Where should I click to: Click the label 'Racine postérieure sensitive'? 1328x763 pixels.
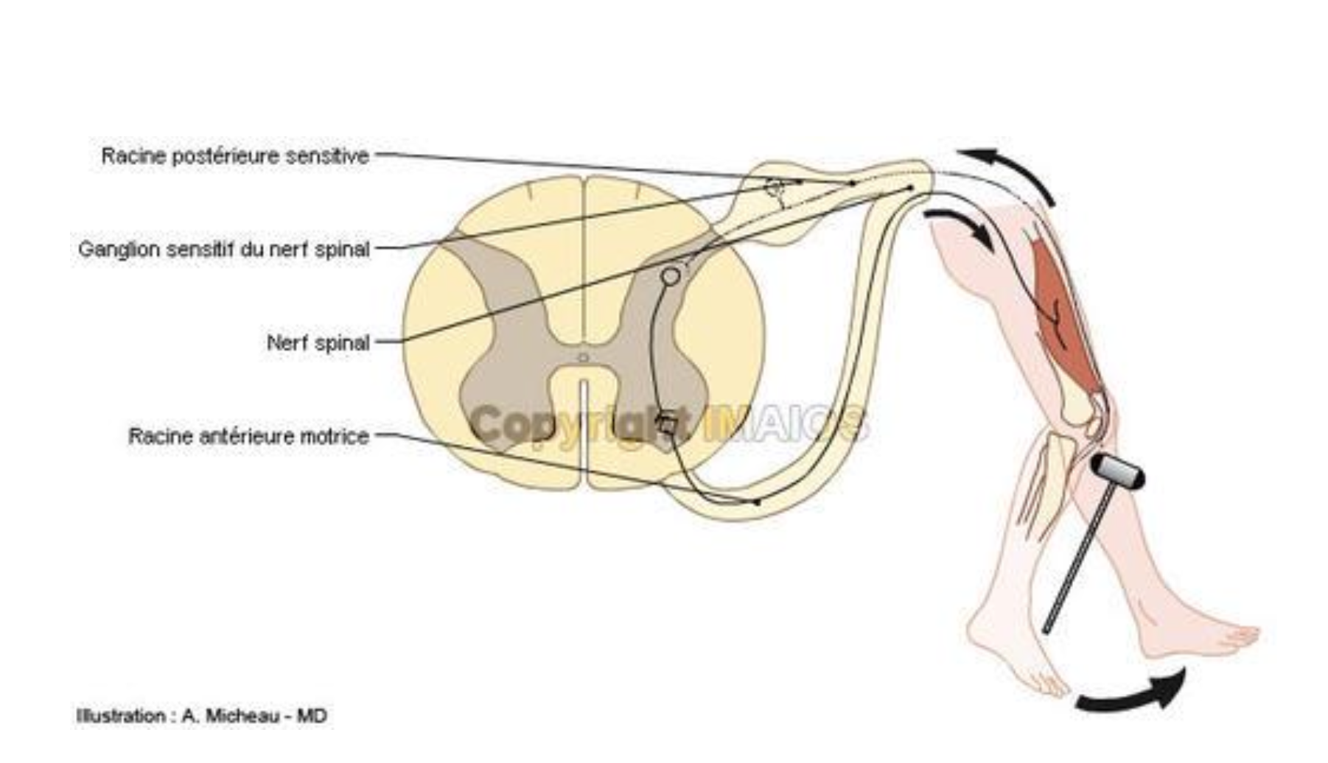(x=235, y=156)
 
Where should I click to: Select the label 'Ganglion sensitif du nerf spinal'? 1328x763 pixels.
(x=224, y=249)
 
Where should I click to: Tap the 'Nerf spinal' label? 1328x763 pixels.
(x=318, y=342)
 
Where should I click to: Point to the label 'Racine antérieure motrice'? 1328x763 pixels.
(x=248, y=436)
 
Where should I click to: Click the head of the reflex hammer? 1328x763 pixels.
(x=1117, y=471)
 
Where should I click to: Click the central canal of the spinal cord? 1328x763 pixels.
(x=583, y=358)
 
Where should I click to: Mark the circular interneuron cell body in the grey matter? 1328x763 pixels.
(x=671, y=276)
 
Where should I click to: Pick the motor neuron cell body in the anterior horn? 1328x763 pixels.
(x=667, y=426)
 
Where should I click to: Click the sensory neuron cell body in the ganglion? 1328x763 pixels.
(x=773, y=189)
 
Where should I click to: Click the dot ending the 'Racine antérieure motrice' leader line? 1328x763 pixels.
(x=757, y=502)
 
